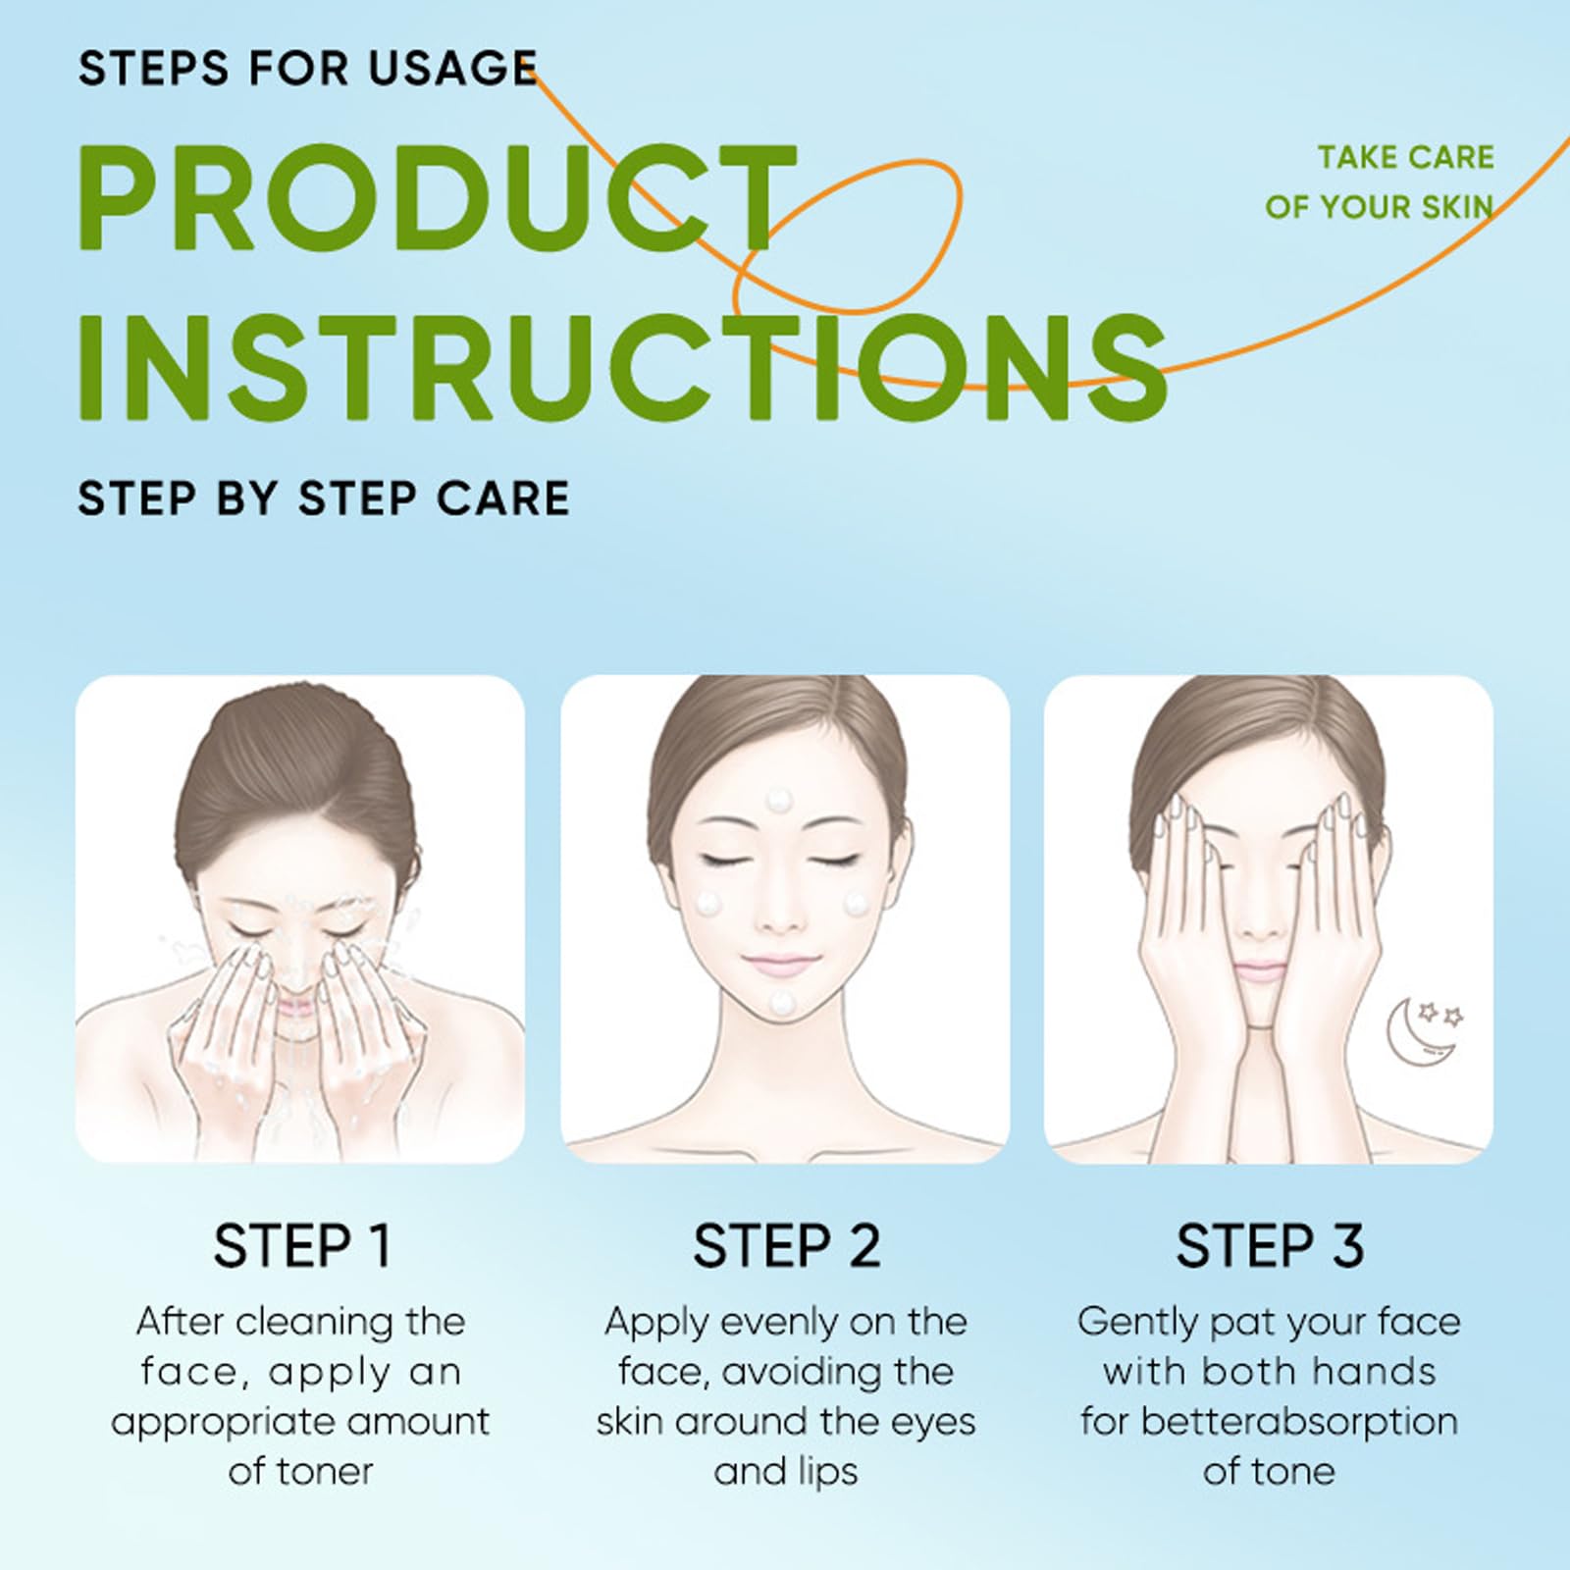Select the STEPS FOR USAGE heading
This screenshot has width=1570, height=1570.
(308, 69)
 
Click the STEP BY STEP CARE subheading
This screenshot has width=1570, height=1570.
(324, 497)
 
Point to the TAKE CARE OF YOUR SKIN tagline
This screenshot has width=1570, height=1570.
(1380, 182)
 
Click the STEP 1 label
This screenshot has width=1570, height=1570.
(302, 1246)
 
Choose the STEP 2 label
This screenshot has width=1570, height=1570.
(786, 1246)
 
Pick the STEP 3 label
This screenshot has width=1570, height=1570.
(1270, 1246)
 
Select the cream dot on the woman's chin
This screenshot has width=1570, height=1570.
(782, 1001)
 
